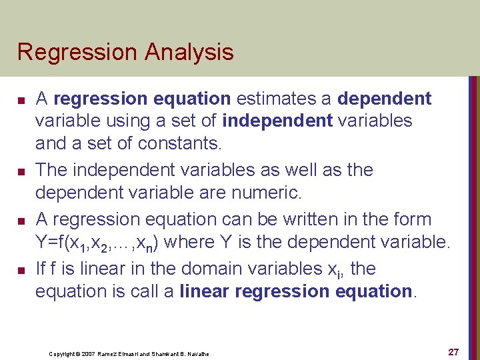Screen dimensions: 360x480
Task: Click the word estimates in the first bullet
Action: [273, 99]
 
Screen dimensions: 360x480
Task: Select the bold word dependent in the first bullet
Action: [385, 99]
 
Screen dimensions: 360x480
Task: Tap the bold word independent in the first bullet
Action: [280, 121]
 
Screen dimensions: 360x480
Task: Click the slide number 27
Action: [453, 352]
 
